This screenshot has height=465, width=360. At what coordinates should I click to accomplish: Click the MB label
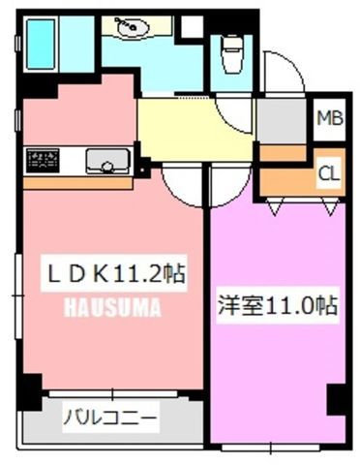click(x=330, y=118)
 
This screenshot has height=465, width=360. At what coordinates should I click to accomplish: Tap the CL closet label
click(x=329, y=173)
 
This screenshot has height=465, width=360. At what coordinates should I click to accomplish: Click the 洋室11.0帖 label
click(x=278, y=305)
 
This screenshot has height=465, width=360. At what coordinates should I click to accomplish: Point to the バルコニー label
click(x=110, y=418)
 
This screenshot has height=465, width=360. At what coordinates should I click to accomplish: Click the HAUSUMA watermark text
click(x=113, y=307)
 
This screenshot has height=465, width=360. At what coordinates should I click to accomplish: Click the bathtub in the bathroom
click(x=41, y=44)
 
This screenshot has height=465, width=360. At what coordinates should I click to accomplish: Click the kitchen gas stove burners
click(x=43, y=161)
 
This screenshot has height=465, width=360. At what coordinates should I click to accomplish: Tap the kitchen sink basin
click(x=106, y=162)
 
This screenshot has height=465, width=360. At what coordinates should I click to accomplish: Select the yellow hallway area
click(x=195, y=129)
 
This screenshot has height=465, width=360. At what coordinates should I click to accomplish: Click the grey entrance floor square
click(x=281, y=120)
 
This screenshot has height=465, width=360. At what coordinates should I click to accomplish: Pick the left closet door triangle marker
click(x=275, y=206)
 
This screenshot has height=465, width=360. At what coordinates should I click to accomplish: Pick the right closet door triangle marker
click(x=331, y=206)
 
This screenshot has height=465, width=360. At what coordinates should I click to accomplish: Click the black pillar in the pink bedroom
click(x=336, y=399)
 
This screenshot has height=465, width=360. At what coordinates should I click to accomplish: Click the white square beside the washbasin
click(x=192, y=25)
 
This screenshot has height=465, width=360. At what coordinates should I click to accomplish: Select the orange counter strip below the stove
click(x=77, y=183)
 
